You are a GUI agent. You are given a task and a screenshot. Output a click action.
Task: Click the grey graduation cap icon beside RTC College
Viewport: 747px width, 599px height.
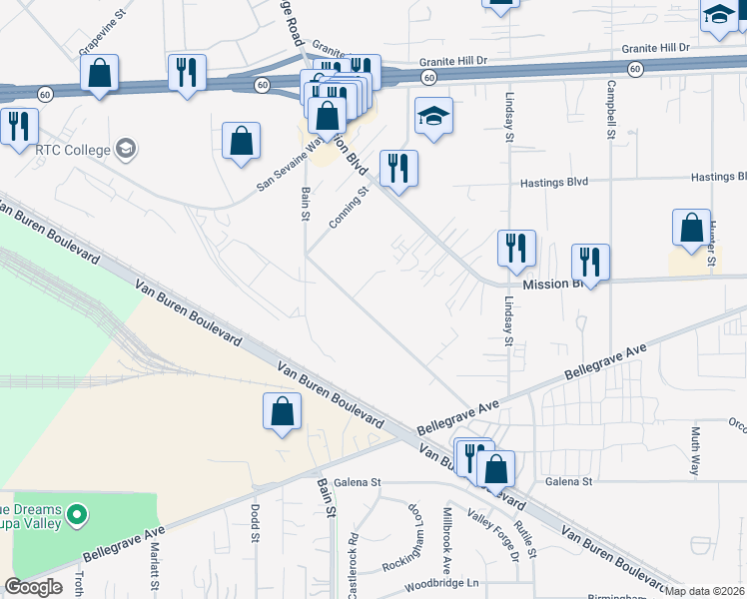(x=125, y=150)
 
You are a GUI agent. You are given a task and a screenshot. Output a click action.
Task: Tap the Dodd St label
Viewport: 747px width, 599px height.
(x=256, y=522)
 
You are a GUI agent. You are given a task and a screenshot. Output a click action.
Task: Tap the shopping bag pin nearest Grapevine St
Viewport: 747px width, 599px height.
(x=100, y=73)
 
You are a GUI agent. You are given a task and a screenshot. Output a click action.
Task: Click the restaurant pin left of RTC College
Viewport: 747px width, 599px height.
(x=17, y=127)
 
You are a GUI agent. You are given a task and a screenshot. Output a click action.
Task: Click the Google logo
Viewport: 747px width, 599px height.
(x=33, y=587)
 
